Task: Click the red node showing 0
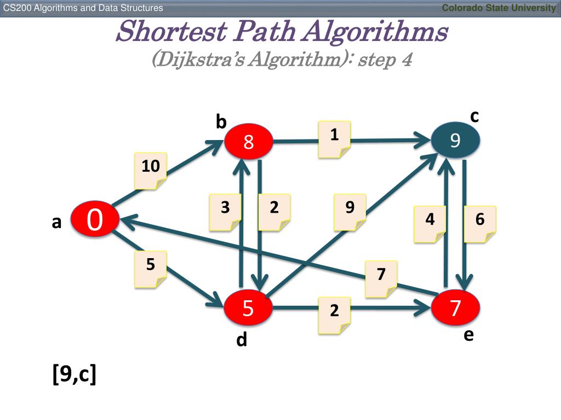94,220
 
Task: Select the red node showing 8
248,143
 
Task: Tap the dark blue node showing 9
455,141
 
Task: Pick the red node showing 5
248,309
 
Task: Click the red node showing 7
456,308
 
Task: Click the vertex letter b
221,122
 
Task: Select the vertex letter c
474,116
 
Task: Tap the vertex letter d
242,340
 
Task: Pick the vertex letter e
468,334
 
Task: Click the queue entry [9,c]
75,375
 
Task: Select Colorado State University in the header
499,8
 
